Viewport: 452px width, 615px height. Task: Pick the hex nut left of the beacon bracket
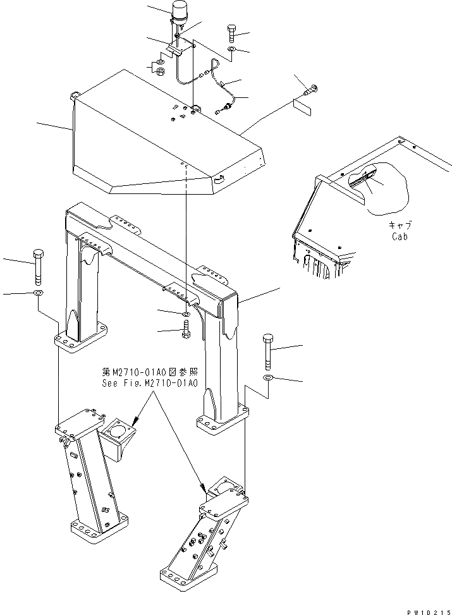tap(161, 69)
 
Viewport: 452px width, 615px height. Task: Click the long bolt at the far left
tap(38, 265)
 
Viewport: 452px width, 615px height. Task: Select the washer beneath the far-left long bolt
tap(38, 294)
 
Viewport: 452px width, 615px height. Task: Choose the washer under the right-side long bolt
tap(267, 378)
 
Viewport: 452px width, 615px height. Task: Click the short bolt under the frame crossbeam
tap(185, 329)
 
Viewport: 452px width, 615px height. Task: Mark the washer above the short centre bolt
tap(185, 314)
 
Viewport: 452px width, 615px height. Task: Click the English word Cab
tap(399, 237)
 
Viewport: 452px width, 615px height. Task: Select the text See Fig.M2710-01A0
tap(150, 383)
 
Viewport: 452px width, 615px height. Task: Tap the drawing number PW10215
tap(427, 609)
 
